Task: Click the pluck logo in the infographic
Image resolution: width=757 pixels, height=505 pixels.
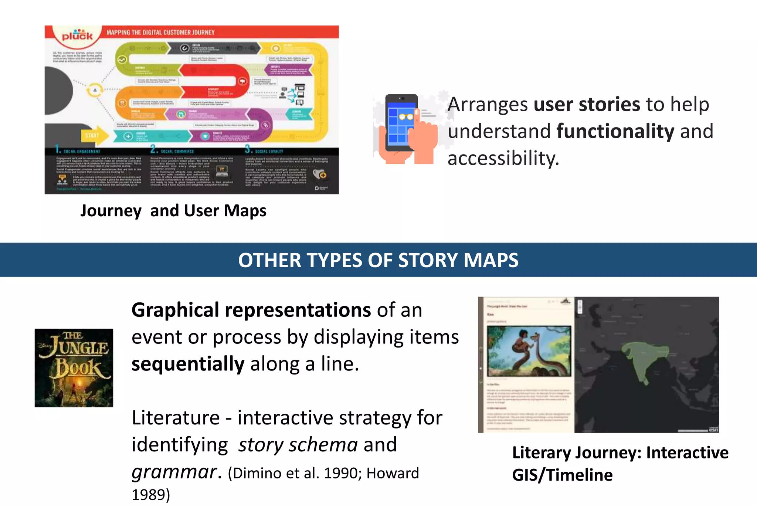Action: pos(77,35)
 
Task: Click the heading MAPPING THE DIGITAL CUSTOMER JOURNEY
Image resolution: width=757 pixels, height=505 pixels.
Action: pos(160,33)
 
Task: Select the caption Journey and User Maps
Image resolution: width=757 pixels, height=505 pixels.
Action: pos(173,211)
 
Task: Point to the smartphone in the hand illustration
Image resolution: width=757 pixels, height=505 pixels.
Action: pos(401,122)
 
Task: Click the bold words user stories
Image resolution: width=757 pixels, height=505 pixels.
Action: pos(587,104)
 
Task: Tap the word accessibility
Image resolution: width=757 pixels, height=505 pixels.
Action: pos(503,158)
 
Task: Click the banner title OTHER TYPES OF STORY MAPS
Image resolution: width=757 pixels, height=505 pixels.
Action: pos(378,260)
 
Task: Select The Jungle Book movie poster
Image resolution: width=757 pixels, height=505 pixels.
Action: pos(74,368)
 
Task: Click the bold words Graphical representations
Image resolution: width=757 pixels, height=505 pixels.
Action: pos(251,310)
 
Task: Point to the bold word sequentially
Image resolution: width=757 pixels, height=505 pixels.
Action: pos(188,364)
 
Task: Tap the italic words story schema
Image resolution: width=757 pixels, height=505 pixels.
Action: pos(298,444)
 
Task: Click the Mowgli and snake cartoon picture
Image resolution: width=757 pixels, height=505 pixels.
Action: pos(529,351)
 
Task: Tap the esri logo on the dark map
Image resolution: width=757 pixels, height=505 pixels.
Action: pos(713,429)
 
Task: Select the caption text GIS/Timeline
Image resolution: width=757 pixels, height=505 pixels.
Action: pos(562,475)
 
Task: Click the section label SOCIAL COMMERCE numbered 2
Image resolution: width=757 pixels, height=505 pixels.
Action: pos(177,151)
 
